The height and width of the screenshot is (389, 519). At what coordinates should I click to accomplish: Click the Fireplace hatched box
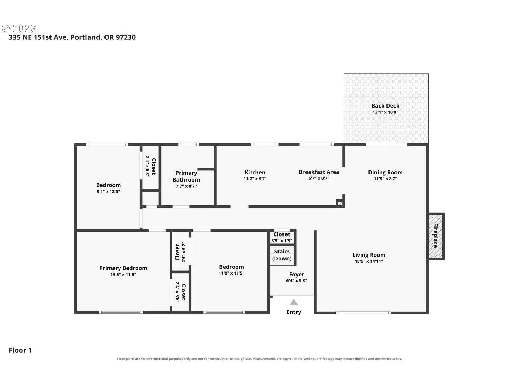[435, 236]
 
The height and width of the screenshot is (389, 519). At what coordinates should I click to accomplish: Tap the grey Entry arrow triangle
[293, 302]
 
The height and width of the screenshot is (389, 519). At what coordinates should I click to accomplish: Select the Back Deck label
[385, 106]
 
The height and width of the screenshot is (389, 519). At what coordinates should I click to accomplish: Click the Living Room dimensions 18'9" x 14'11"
[368, 261]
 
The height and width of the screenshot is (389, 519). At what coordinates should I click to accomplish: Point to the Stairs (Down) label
[282, 255]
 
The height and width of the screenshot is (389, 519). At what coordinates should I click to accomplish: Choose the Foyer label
[297, 274]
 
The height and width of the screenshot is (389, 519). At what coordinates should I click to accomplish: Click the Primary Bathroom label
[186, 176]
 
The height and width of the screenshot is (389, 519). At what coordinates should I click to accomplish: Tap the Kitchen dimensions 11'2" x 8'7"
[255, 179]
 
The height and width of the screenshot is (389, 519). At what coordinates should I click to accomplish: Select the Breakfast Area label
[319, 172]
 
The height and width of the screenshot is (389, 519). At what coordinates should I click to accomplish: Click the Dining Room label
[385, 173]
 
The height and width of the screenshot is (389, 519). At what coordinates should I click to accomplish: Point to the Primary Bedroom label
[123, 268]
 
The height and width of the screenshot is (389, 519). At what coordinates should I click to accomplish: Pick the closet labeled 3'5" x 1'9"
[282, 237]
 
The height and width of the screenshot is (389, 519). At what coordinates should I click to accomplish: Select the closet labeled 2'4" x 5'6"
[180, 292]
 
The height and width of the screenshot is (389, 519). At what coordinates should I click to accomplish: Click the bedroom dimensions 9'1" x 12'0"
[108, 192]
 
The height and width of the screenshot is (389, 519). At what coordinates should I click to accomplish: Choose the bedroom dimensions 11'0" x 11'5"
[231, 273]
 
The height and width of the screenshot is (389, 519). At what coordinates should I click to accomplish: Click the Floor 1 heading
[20, 350]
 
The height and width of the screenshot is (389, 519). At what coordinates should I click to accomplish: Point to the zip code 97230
[126, 37]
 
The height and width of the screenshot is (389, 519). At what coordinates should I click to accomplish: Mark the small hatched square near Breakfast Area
[340, 203]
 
